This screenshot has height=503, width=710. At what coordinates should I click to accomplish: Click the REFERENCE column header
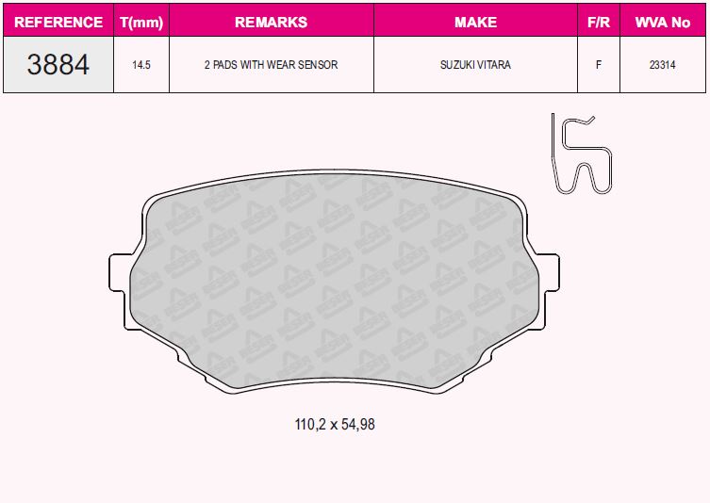58,23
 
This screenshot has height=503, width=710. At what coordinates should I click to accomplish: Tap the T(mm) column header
141,23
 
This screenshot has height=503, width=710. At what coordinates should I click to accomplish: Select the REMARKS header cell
272,23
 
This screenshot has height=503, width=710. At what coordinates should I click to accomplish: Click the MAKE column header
475,23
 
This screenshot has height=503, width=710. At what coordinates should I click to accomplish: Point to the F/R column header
599,23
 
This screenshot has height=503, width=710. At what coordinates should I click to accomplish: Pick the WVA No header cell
663,23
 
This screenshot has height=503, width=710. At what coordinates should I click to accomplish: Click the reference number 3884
58,64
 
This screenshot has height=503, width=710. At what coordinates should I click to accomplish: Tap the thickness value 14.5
141,65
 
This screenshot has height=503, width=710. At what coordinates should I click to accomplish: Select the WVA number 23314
663,65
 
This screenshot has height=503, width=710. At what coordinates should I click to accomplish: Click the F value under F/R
599,65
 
